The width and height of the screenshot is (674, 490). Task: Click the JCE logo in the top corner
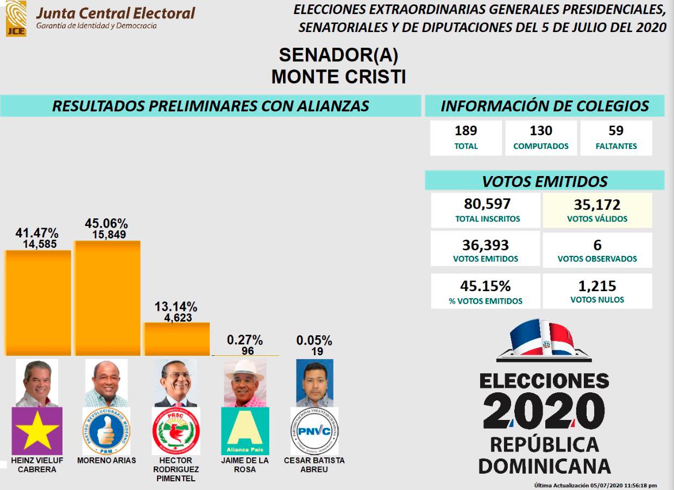point(16,18)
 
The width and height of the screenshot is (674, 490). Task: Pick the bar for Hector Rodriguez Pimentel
point(177,339)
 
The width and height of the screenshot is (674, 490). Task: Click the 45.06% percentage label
point(106,223)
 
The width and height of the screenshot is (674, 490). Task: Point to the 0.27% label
point(245,340)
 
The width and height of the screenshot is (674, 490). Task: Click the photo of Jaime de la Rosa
point(245,382)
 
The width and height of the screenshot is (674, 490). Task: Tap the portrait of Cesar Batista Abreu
point(314,382)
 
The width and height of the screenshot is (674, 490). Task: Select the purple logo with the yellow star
point(37,431)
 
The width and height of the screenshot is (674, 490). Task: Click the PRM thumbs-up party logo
point(106,431)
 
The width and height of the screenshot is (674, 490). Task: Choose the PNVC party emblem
point(314,431)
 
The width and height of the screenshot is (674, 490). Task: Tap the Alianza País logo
point(245,431)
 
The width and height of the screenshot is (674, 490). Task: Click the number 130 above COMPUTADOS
point(541,131)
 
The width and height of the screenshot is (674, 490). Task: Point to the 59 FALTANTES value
point(616,131)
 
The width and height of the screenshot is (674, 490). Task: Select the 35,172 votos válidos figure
point(597,205)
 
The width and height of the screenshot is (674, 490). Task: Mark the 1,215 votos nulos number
point(597,286)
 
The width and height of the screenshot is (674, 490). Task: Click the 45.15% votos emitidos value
point(485,286)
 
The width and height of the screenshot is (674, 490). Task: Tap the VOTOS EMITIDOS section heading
point(545,181)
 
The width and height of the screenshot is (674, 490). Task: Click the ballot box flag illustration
point(544,341)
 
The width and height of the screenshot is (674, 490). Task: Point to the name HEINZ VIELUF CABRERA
point(37,464)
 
